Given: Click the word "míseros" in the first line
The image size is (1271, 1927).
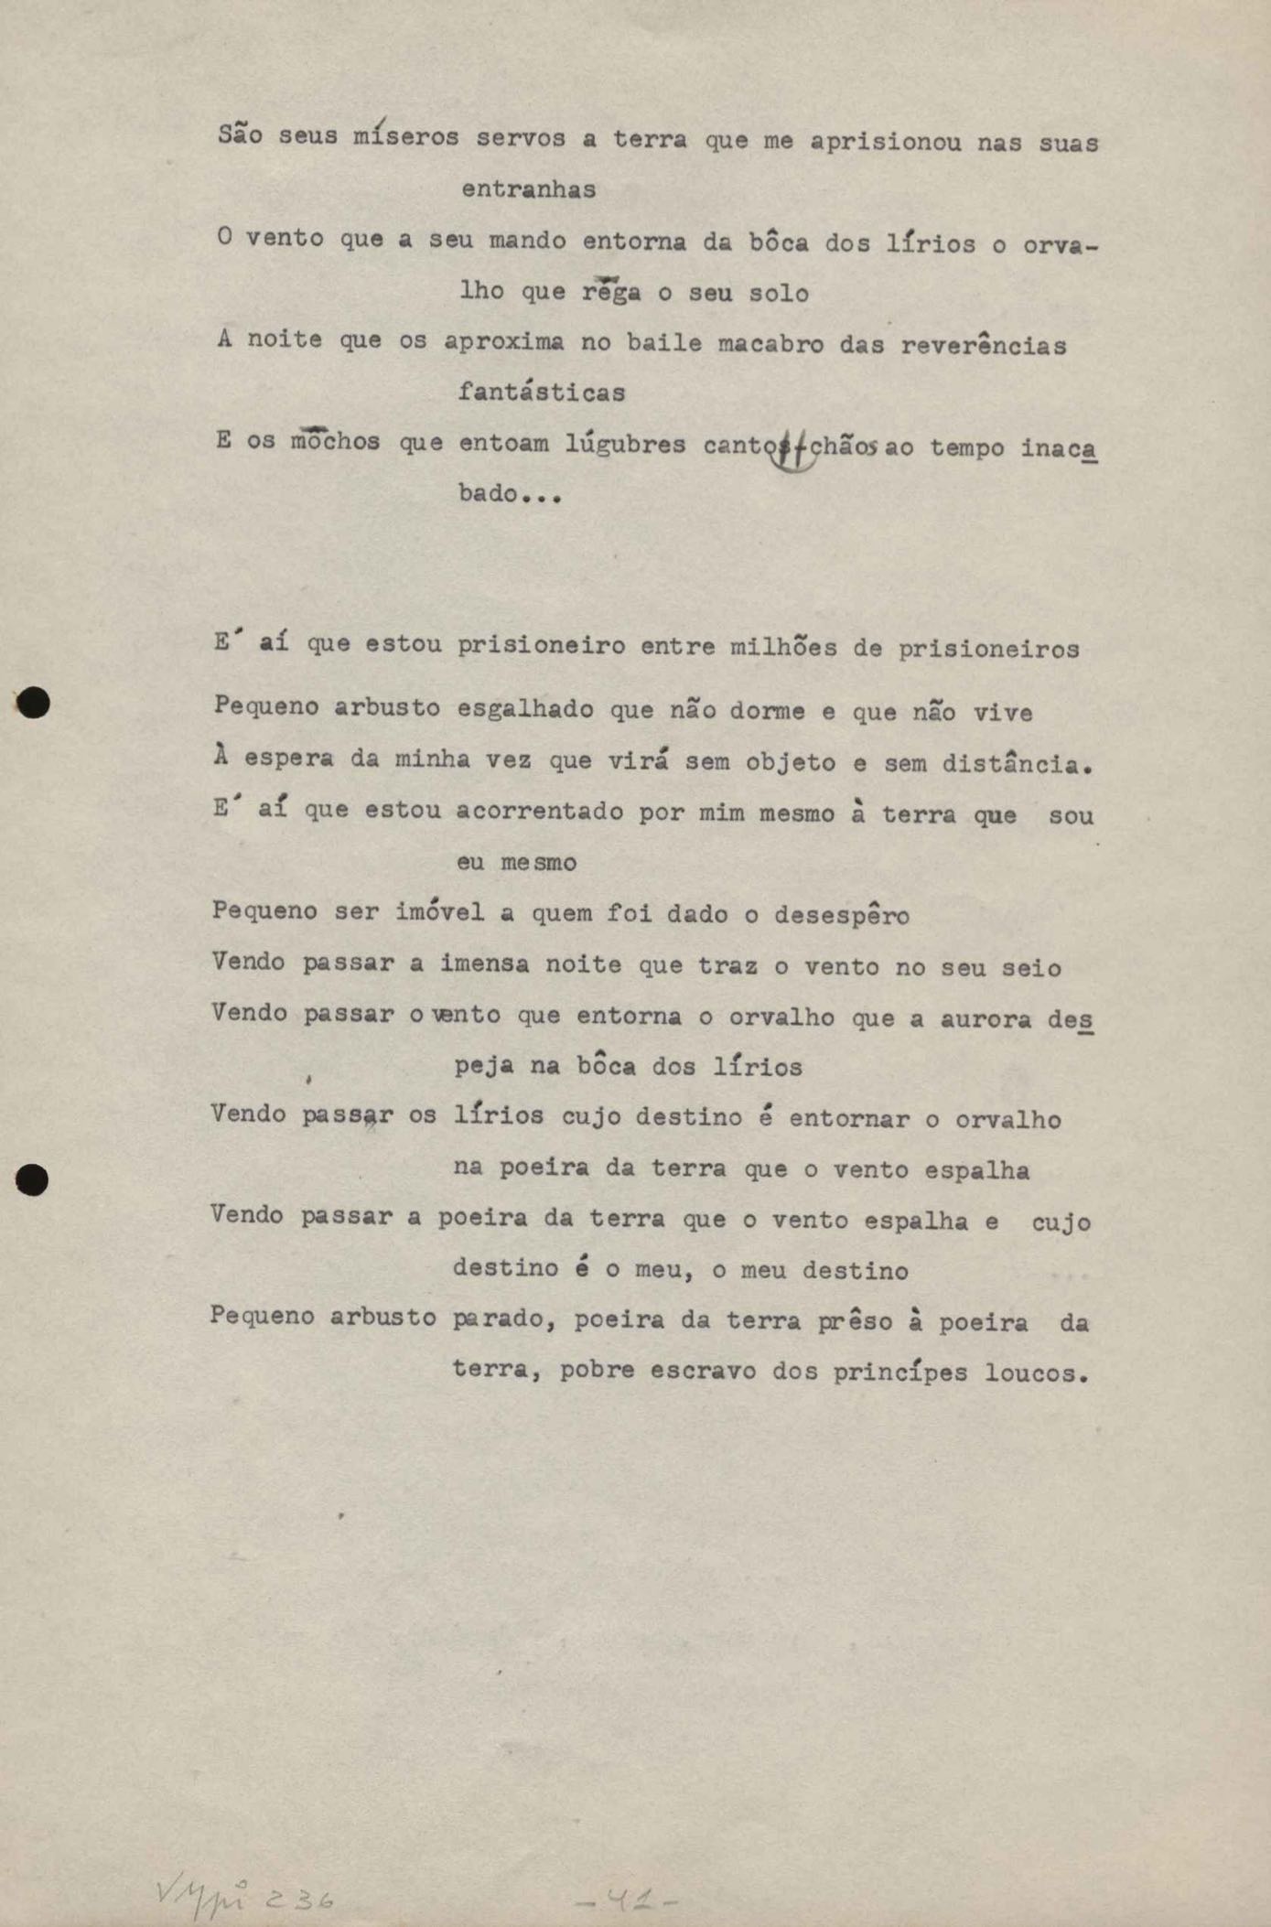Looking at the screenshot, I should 405,137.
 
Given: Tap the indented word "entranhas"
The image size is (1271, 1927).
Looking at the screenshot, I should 528,189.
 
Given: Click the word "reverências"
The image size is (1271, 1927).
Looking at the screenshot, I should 983,346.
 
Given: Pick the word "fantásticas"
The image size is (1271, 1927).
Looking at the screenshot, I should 542,393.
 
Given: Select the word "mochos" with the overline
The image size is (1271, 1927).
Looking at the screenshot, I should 335,441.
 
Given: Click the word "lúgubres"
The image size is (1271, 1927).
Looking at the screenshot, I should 625,445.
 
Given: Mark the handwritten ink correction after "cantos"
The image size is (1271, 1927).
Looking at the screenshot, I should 792,450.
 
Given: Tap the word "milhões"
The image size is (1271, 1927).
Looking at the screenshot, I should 783,648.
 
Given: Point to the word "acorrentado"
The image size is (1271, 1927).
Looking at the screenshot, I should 540,812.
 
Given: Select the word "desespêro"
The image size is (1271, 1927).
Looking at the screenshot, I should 842,915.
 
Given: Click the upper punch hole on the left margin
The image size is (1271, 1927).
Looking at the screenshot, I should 34,703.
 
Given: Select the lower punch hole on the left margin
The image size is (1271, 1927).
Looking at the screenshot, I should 33,1180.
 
